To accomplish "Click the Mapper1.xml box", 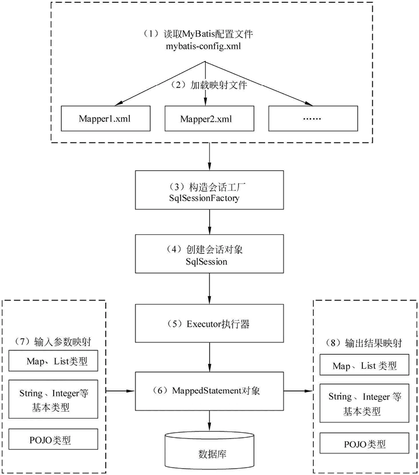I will click(x=105, y=119).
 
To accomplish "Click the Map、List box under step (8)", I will click(x=365, y=365).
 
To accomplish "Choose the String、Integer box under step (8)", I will click(x=365, y=403).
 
